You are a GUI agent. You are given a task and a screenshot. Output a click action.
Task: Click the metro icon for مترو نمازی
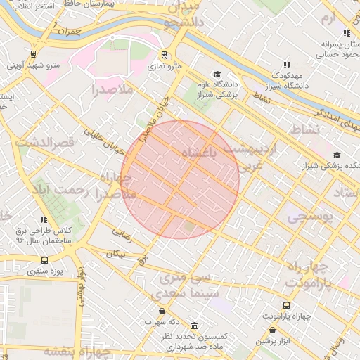tap(164, 55)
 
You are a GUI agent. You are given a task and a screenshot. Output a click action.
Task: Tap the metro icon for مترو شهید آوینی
tap(33, 55)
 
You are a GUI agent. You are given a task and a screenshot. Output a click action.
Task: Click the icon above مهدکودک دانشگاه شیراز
tap(286, 65)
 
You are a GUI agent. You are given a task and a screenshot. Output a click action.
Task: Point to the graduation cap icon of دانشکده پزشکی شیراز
tap(337, 155)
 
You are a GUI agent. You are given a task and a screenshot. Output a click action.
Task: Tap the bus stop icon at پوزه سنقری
tap(45, 260)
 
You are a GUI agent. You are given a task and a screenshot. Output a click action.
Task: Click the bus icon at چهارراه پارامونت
tap(285, 305)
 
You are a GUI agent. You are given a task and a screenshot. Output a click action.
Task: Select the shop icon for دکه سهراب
tap(162, 311)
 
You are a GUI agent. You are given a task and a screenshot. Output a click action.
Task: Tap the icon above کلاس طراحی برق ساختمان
tap(44, 220)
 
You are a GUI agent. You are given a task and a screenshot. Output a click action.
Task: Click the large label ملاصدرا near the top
tap(113, 89)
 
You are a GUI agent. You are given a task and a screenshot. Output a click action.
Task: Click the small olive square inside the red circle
tap(188, 226)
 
